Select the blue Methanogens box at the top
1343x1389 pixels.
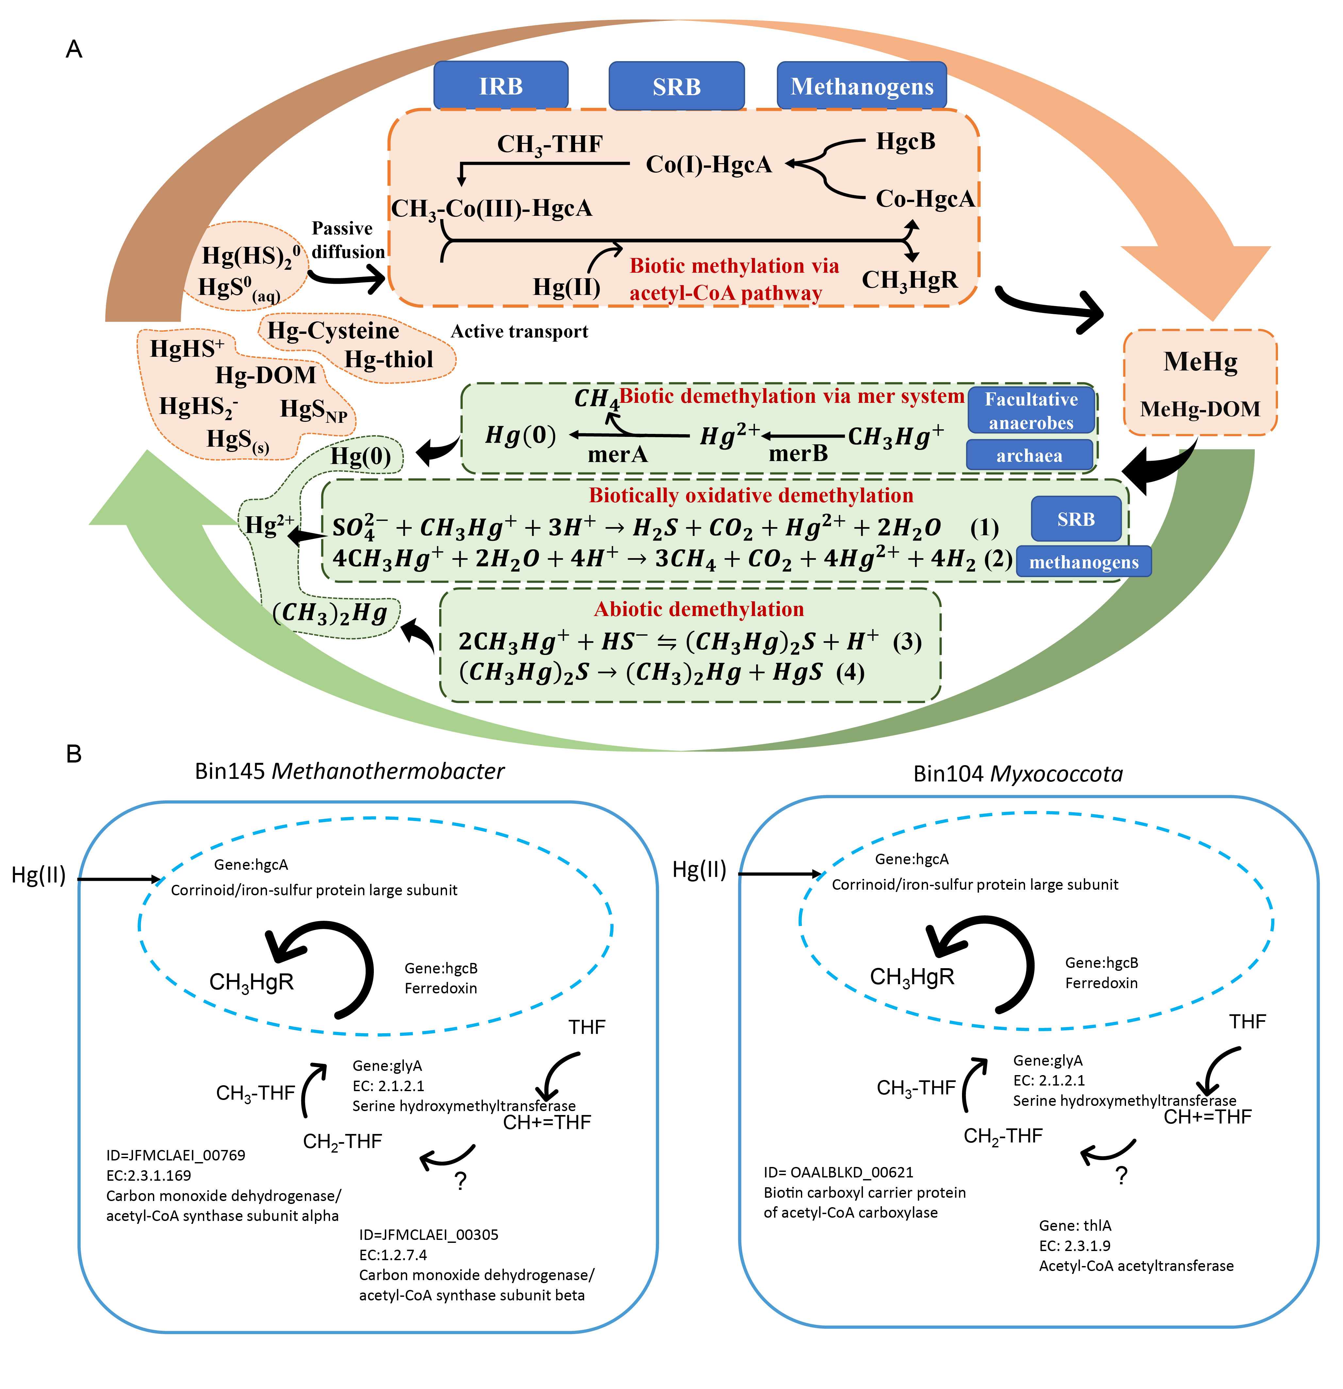coord(861,86)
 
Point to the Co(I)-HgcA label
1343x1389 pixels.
coord(708,164)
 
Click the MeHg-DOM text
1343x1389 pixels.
coord(1200,409)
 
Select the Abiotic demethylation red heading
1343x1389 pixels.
coord(698,609)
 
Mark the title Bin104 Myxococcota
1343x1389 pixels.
coord(1018,773)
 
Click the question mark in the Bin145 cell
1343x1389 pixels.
coord(460,1181)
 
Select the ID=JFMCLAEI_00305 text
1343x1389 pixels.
coord(428,1235)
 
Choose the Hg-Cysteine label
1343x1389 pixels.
coord(333,330)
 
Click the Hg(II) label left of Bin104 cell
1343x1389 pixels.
coord(699,869)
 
